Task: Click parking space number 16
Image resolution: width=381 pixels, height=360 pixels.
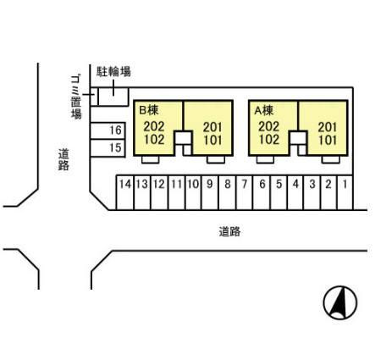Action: tap(117, 130)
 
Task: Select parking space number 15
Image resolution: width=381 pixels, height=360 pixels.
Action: tap(117, 147)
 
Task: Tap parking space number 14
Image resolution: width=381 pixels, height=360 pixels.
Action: tap(124, 183)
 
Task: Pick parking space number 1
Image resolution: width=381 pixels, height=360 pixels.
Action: tap(346, 183)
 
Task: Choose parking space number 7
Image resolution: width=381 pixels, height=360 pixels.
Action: tap(245, 183)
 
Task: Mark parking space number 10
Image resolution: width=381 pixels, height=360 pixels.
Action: tap(193, 183)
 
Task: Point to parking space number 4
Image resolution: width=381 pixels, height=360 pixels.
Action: tap(295, 183)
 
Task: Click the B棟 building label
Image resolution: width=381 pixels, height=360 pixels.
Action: tap(149, 109)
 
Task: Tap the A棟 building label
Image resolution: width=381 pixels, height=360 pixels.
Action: tap(263, 109)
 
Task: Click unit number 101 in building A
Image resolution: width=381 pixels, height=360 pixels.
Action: tap(327, 140)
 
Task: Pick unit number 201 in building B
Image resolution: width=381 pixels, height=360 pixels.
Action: tap(213, 127)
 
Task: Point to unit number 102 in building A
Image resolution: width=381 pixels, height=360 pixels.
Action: tap(268, 140)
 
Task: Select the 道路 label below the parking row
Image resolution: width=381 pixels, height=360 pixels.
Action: tap(229, 230)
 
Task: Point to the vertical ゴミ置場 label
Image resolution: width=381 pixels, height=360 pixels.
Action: tap(75, 97)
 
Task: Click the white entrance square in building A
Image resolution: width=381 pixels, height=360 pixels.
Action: tap(296, 139)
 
